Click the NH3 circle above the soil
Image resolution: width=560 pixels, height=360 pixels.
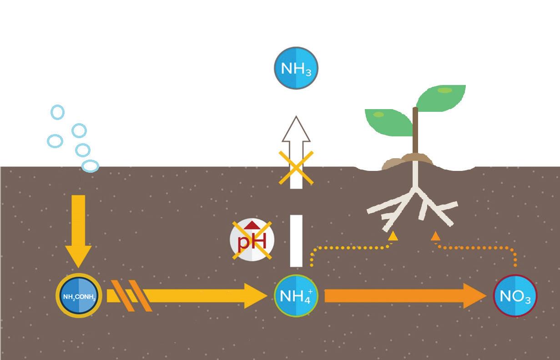click(296, 68)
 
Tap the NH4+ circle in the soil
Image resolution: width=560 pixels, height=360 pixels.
click(296, 296)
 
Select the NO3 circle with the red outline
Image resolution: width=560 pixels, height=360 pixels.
click(515, 296)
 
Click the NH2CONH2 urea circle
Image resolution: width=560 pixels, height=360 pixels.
click(79, 296)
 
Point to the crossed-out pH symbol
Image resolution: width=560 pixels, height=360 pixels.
click(252, 240)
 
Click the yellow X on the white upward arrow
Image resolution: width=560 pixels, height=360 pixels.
click(296, 168)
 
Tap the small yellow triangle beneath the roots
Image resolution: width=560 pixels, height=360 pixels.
click(393, 236)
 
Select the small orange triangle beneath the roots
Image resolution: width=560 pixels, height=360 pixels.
click(435, 236)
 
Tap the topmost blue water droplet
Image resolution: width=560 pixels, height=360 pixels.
click(58, 112)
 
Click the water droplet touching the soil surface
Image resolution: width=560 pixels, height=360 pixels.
click(90, 166)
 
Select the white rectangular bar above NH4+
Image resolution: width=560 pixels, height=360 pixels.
click(296, 241)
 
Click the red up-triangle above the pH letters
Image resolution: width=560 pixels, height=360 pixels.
click(252, 226)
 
